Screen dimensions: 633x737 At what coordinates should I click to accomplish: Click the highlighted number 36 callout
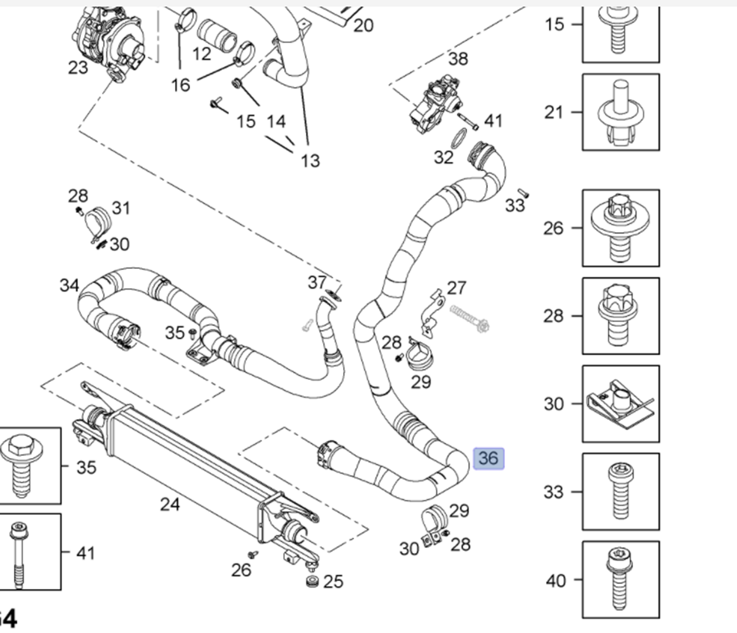(488, 458)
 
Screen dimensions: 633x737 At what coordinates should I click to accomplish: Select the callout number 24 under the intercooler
(170, 504)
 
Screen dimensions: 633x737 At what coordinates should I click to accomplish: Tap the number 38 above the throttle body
(458, 59)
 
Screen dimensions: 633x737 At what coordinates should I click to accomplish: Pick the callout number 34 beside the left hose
(69, 285)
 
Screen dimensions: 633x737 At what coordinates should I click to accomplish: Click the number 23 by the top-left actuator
(78, 67)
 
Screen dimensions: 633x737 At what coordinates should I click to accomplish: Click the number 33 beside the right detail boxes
(553, 491)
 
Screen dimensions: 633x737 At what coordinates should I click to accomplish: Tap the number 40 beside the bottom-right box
(556, 581)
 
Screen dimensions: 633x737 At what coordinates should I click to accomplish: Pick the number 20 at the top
(363, 25)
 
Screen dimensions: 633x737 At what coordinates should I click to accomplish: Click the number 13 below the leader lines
(310, 160)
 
